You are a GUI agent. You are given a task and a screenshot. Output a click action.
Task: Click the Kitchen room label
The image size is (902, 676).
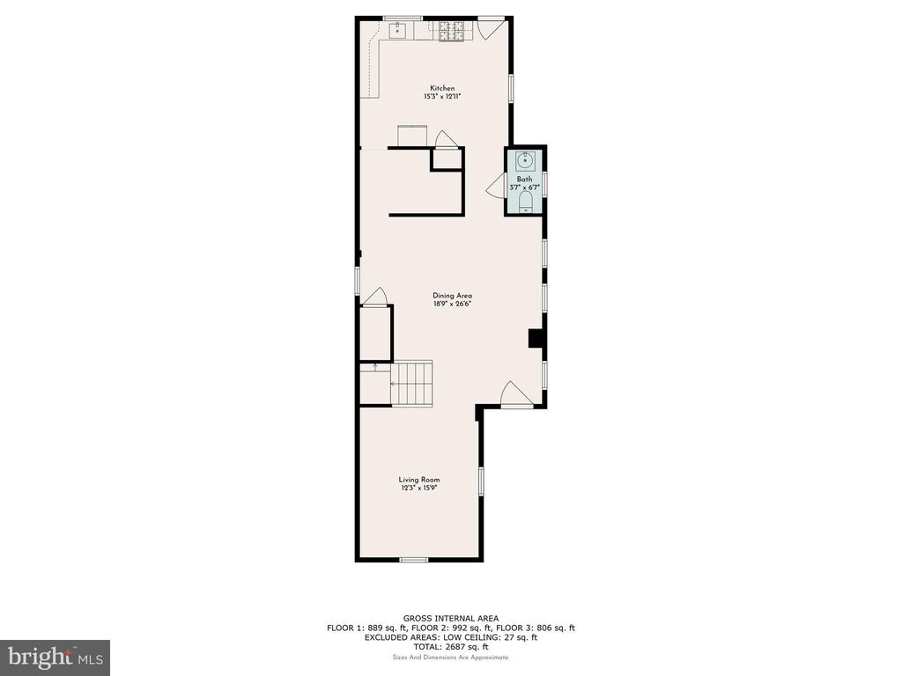(x=442, y=88)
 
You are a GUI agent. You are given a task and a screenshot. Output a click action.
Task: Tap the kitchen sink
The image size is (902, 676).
(x=397, y=30)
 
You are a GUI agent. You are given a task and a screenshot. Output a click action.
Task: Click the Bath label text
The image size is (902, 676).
(x=524, y=180)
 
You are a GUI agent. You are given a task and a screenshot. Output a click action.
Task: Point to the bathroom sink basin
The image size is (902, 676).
(x=525, y=160)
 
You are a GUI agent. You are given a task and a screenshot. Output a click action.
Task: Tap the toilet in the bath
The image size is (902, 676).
(x=525, y=202)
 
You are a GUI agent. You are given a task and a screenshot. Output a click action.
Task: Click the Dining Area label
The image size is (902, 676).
(x=452, y=296)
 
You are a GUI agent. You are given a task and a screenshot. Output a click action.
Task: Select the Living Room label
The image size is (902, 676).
(x=419, y=480)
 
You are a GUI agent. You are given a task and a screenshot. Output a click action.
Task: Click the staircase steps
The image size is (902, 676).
(x=412, y=384)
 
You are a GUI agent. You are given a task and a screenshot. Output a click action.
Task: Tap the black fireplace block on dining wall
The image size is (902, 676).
(x=536, y=338)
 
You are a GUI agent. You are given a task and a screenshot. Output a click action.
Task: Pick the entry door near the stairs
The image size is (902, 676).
(x=516, y=395)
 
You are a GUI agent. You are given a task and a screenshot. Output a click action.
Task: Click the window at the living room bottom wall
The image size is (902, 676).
(x=414, y=559)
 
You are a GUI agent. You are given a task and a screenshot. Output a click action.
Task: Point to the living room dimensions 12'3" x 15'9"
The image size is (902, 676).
(x=420, y=488)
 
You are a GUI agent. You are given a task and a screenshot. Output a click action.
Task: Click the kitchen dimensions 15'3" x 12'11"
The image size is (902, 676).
(x=442, y=97)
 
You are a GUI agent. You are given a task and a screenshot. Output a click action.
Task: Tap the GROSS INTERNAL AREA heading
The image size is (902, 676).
(x=450, y=619)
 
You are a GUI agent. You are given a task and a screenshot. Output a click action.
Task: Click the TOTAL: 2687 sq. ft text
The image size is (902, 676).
(x=451, y=647)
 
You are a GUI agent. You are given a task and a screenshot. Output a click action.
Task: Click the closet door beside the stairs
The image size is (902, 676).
(x=375, y=297)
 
